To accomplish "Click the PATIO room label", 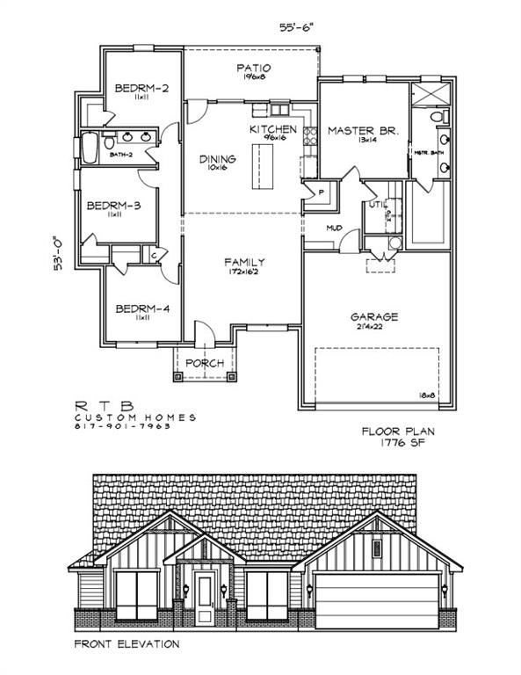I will (x=253, y=68).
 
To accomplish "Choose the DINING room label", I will (x=217, y=159).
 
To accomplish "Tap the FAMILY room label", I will (x=244, y=262).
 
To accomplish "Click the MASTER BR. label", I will (x=364, y=130).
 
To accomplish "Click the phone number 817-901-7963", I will (x=122, y=426).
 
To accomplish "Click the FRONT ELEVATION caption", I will (x=128, y=644).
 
